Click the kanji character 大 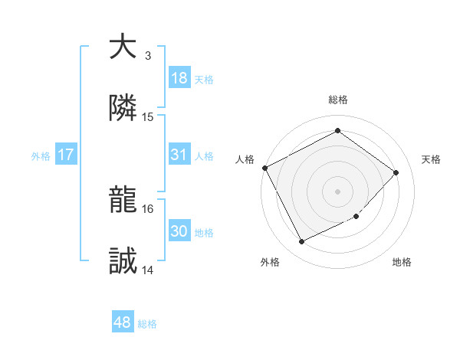point(123,47)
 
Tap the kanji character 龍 point(123,201)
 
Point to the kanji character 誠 point(123,262)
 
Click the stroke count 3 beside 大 point(148,56)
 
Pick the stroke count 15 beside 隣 point(148,117)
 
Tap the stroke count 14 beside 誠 point(148,270)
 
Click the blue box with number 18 point(179,78)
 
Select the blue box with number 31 point(179,155)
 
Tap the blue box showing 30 point(179,231)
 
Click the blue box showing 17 point(66,155)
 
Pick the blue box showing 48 point(123,322)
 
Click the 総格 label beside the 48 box point(147,324)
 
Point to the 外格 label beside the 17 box point(41,156)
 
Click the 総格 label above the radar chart point(337,100)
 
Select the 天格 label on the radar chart point(432,159)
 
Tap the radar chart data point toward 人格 point(264,168)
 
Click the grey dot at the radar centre point(337,191)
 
